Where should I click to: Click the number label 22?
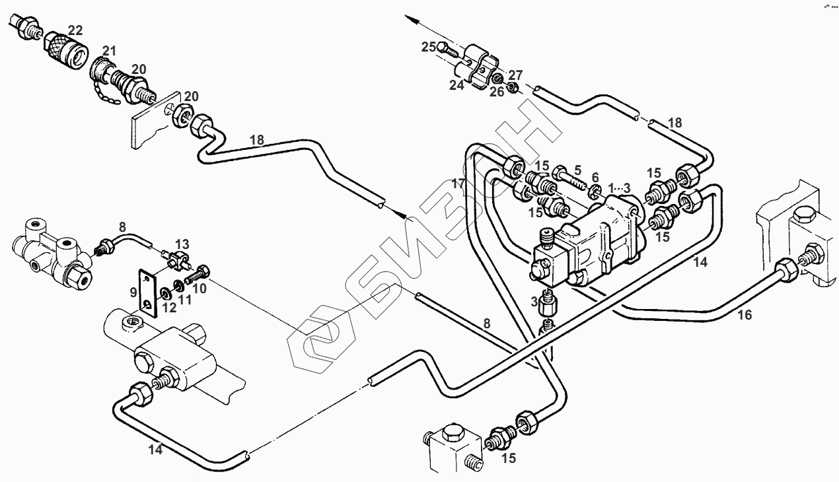75,30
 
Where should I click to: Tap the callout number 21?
109,51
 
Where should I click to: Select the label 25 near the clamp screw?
429,47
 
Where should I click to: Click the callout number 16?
745,316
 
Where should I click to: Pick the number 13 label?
182,245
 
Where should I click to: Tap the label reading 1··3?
620,188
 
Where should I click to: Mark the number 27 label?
515,75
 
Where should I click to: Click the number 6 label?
595,177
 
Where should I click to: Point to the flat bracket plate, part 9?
147,291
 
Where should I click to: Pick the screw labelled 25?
450,48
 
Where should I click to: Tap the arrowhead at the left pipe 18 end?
400,214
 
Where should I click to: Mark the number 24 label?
457,85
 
